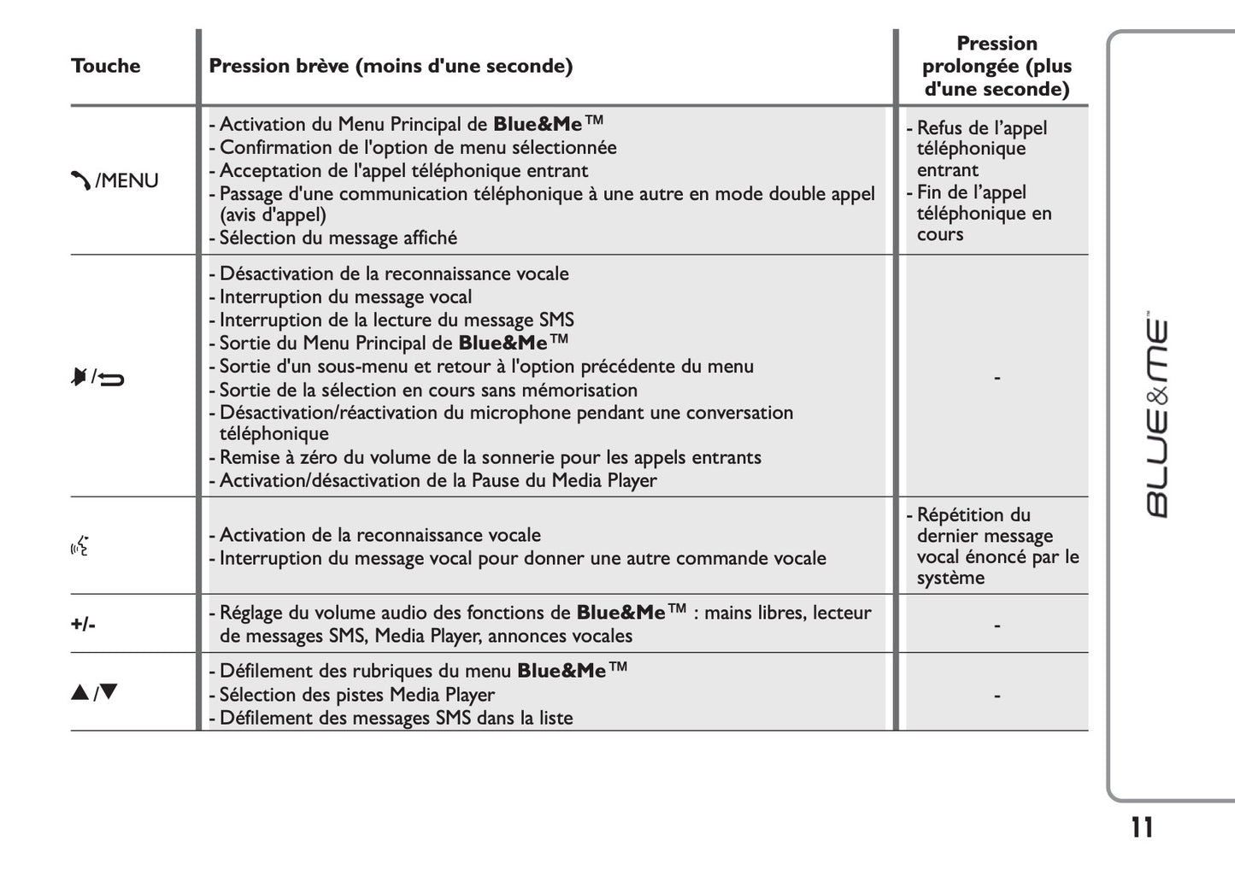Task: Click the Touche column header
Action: [x=105, y=66]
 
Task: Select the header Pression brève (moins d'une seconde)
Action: [x=391, y=66]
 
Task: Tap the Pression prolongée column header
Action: [x=996, y=66]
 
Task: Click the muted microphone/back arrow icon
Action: [x=97, y=376]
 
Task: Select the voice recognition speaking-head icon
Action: [x=80, y=545]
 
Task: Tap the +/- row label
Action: [x=83, y=624]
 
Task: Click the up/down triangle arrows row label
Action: [x=94, y=692]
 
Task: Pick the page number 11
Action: [x=1141, y=827]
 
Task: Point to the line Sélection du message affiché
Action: [x=338, y=238]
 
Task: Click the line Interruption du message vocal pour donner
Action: [x=522, y=559]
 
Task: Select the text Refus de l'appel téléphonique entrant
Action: [x=980, y=149]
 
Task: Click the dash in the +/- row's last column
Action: [x=997, y=626]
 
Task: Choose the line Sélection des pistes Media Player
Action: [x=356, y=695]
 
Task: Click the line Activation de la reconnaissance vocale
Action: [x=379, y=536]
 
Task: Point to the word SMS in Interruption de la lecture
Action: [x=556, y=320]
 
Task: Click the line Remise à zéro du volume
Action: [x=490, y=458]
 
